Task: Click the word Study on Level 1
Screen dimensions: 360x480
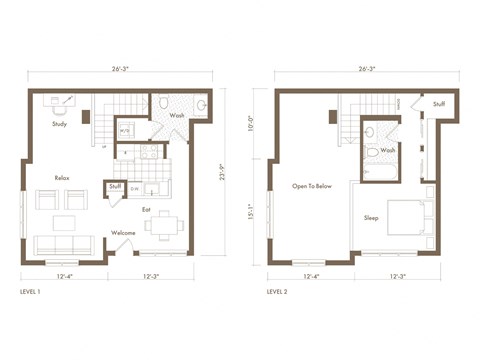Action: coord(60,125)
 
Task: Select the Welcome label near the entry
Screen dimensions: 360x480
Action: coord(123,232)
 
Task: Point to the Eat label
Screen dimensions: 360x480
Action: coord(146,209)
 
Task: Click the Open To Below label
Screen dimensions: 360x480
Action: coord(311,186)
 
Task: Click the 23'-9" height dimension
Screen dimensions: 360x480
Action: coord(222,172)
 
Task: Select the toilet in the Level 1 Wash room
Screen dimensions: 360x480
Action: coord(167,105)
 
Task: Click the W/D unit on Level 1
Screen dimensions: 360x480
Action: coord(126,130)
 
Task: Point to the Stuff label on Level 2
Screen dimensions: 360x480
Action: coord(439,104)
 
